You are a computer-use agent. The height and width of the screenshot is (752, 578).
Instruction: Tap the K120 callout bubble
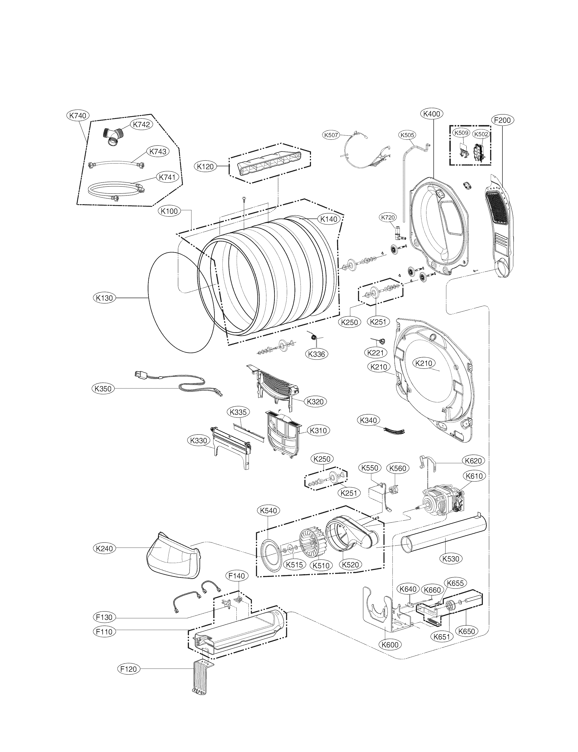pyautogui.click(x=205, y=167)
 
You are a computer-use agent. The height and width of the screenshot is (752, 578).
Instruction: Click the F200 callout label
pyautogui.click(x=502, y=120)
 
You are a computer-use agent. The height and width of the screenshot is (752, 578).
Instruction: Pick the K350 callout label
pyautogui.click(x=103, y=389)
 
